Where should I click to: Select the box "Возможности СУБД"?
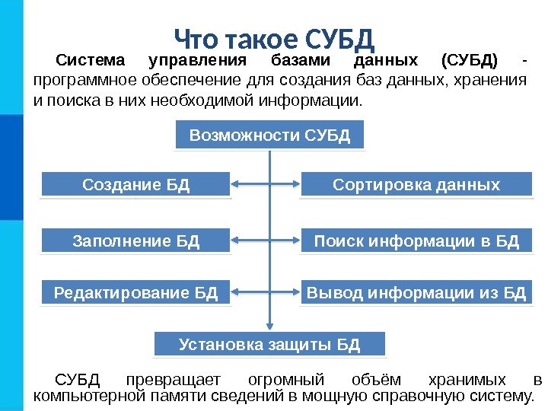[269, 135]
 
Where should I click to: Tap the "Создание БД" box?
[135, 184]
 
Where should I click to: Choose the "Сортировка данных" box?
[416, 184]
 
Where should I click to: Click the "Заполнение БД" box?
[135, 241]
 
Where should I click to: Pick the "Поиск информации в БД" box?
[416, 241]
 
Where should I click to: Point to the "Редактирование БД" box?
[135, 292]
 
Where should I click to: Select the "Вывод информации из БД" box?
[416, 292]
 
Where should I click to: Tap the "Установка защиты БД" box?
[269, 344]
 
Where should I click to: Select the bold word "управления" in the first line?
[197, 59]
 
